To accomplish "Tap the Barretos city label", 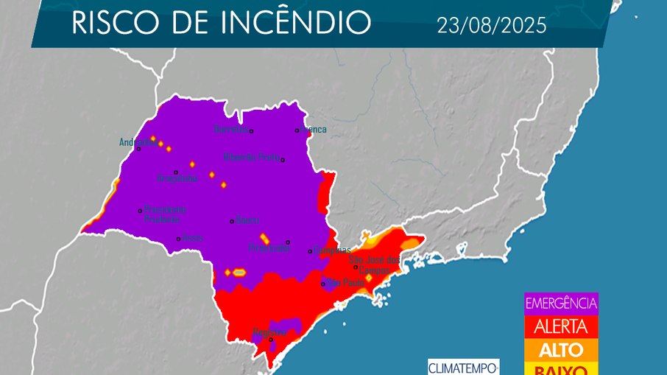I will click(x=230, y=130).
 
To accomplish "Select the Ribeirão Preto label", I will click(x=252, y=157).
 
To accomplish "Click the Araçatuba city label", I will click(x=177, y=178).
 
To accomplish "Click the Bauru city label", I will click(x=247, y=220).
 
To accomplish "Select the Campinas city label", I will click(x=331, y=250).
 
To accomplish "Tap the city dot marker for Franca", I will click(x=297, y=130).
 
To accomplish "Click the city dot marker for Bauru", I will click(x=232, y=220).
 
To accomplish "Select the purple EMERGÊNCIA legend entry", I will click(x=560, y=303).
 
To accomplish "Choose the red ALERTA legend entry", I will click(x=560, y=326).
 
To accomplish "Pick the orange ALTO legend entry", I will click(x=560, y=349).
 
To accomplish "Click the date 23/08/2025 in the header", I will click(x=491, y=26).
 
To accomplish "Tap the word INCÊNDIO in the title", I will click(x=297, y=24).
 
